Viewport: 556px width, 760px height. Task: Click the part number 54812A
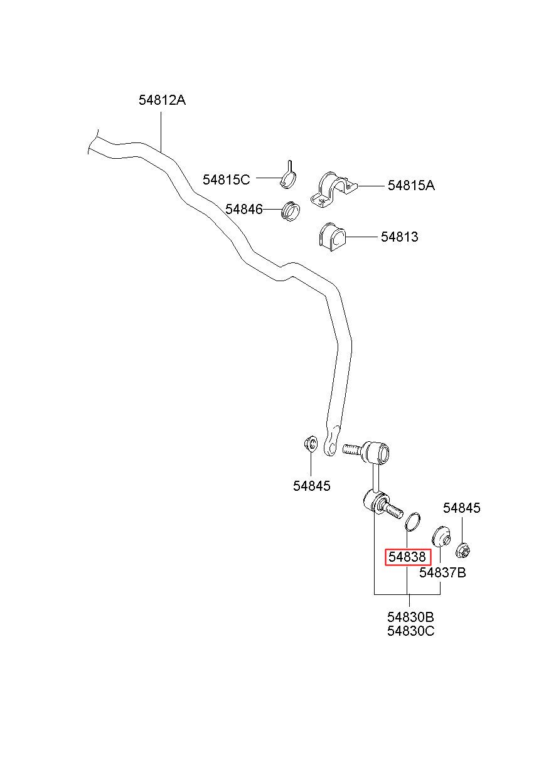(162, 100)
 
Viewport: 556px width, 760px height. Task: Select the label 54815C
(227, 179)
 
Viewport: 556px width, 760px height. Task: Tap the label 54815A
(411, 185)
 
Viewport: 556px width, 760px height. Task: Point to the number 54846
(244, 209)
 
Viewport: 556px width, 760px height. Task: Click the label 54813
(399, 237)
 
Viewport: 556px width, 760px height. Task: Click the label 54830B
(410, 626)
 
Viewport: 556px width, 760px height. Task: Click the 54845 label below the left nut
(311, 486)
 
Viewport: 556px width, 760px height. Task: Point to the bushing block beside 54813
(332, 238)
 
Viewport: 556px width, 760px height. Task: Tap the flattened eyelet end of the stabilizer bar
(331, 444)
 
